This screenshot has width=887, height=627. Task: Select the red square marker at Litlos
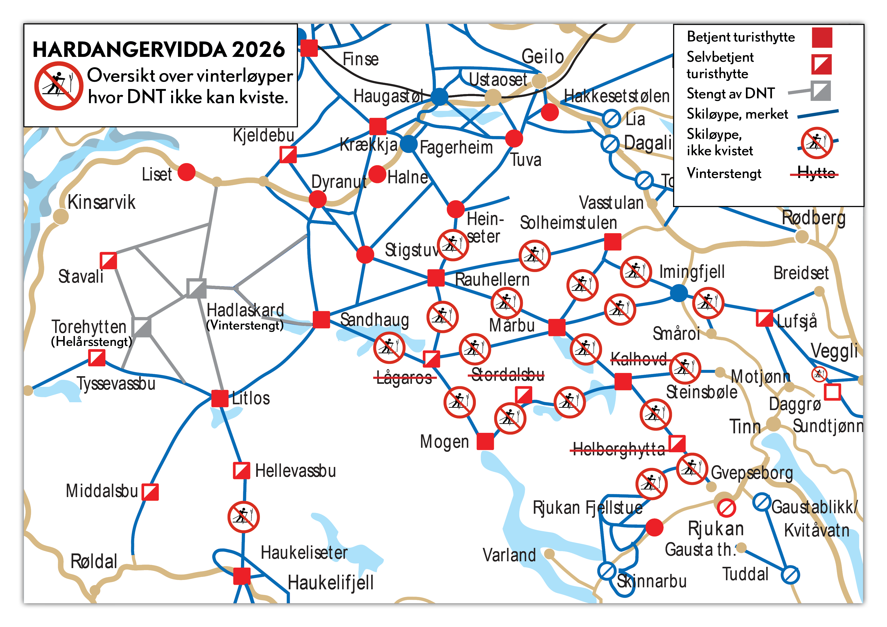click(x=220, y=398)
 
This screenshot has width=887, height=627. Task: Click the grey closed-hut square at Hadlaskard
click(x=196, y=288)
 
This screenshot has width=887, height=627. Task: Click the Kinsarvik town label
click(x=101, y=202)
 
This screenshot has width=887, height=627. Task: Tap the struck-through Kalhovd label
click(x=638, y=359)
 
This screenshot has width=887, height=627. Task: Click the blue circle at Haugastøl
click(x=439, y=97)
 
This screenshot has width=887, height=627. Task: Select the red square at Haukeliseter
click(x=242, y=576)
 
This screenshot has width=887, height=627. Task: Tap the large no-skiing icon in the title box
click(x=58, y=86)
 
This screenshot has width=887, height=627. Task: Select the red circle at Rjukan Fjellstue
click(x=654, y=527)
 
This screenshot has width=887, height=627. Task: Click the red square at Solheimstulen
click(x=612, y=242)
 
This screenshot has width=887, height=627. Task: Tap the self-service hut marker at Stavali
click(x=108, y=261)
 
